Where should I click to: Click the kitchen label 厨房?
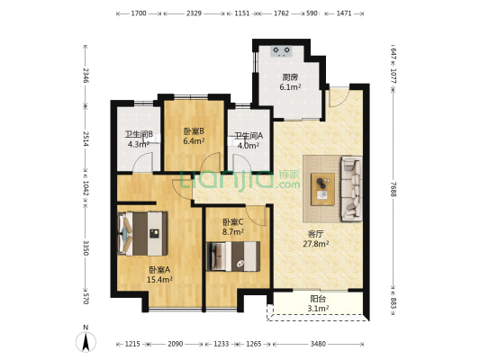(x=288, y=76)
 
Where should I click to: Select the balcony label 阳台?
(x=315, y=299)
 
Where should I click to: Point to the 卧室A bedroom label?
(x=159, y=269)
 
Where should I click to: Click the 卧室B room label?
(x=194, y=130)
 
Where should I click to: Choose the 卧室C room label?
(x=233, y=221)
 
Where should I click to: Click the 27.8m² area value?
(x=314, y=243)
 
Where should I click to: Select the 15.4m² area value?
(x=159, y=280)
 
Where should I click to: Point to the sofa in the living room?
(x=349, y=188)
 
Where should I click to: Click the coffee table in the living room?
(x=321, y=187)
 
